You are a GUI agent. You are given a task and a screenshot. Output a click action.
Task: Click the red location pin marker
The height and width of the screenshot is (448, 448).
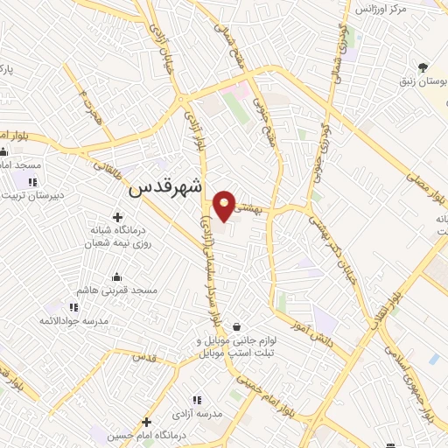point(226,205)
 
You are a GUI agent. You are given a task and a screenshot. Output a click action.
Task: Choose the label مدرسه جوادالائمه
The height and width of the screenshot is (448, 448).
point(73,321)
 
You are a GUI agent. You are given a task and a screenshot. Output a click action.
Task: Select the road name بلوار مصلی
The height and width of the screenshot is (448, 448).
point(425,193)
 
